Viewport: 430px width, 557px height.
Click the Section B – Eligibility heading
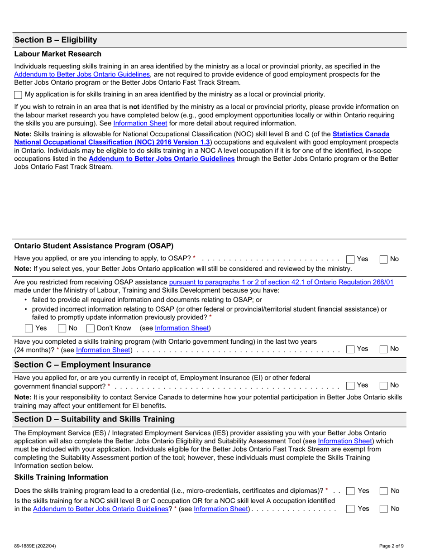tap(56, 40)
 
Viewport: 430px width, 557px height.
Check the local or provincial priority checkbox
tap(18, 95)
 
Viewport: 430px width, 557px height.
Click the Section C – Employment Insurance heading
tap(83, 365)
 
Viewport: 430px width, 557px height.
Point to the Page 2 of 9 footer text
tap(392, 546)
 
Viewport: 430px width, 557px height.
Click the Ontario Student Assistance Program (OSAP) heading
tap(94, 246)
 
